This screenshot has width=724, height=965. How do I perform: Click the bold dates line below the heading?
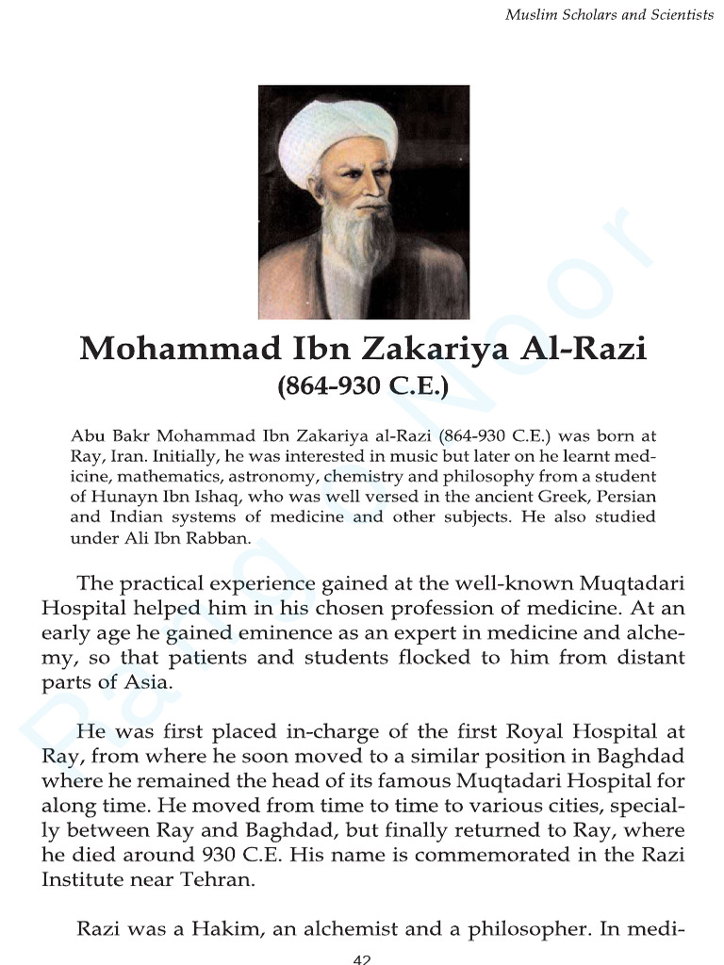tap(363, 385)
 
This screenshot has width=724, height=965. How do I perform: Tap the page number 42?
tap(362, 958)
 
